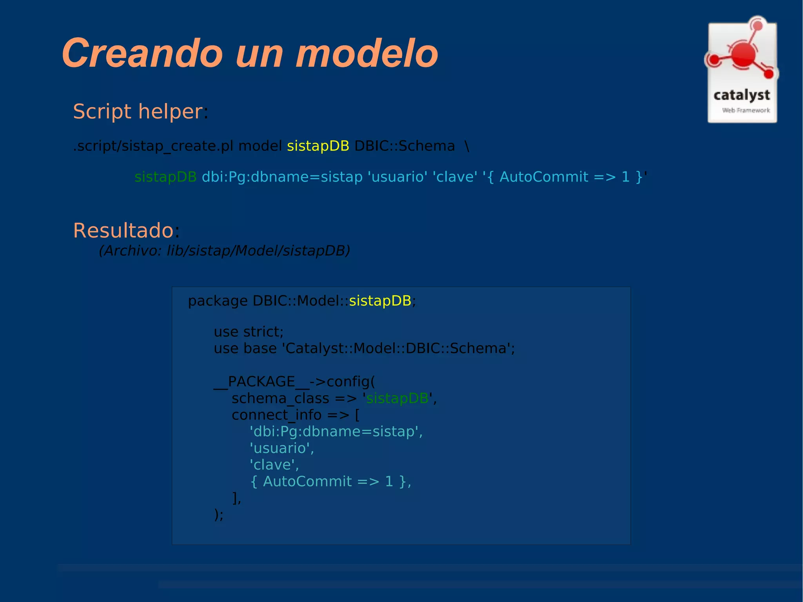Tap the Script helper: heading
coord(140,112)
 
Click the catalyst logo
coord(742,71)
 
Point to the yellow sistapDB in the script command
coord(318,146)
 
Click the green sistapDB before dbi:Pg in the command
coord(165,177)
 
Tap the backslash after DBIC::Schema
coord(467,146)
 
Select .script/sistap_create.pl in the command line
coord(153,146)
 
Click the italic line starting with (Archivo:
coord(224,251)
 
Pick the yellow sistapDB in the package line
coord(380,301)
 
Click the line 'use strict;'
coord(248,332)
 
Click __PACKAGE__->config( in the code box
coord(294,382)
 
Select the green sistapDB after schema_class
coord(397,398)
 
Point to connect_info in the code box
coord(276,415)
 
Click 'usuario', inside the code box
coord(282,448)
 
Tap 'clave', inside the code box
coord(274,465)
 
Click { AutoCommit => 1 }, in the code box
coord(330,482)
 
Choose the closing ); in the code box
coord(218,515)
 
